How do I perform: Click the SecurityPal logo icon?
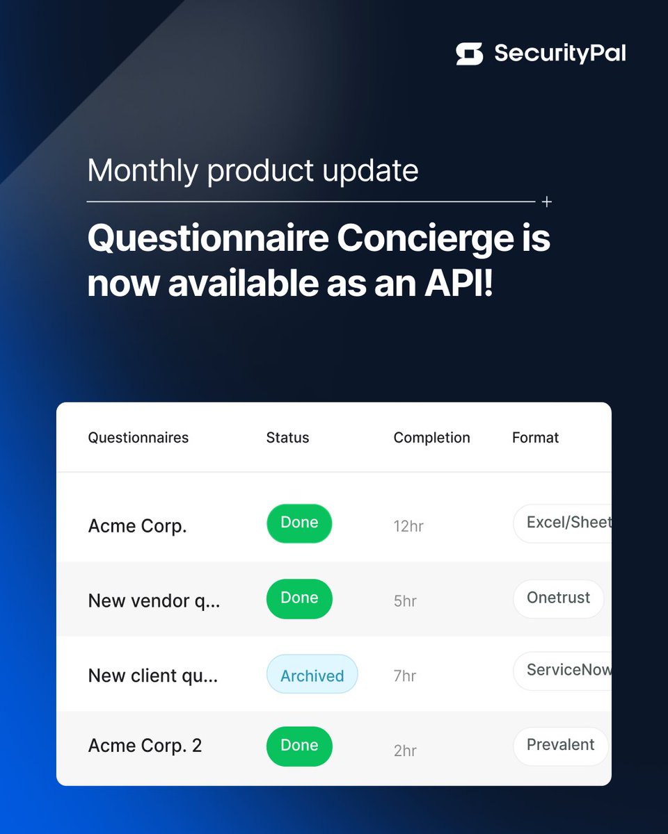(469, 54)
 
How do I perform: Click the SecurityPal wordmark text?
(559, 54)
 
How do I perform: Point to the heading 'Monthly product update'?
(253, 171)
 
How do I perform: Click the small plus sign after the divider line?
(547, 202)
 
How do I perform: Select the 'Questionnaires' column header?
(138, 438)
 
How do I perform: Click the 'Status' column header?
(287, 438)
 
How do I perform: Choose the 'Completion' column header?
(431, 438)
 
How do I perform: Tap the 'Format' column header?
(535, 438)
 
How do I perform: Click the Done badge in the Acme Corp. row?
(299, 523)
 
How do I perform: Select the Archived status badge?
(312, 675)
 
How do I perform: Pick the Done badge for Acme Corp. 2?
(299, 746)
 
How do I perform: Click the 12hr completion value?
(408, 526)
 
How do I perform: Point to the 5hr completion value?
(405, 601)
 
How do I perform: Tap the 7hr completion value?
(405, 676)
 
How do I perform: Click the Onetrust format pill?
(558, 598)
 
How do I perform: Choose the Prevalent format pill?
(560, 746)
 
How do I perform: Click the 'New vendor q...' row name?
(154, 601)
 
